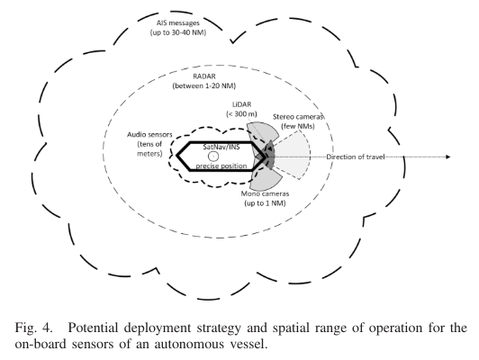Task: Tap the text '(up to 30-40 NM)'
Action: tap(177, 32)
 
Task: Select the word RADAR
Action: tap(204, 76)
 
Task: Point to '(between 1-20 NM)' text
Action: tap(204, 85)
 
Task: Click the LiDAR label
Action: tap(241, 104)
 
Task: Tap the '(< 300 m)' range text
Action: tap(241, 114)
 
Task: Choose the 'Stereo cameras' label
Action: tap(298, 117)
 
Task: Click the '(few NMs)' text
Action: tap(298, 126)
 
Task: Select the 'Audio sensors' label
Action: tap(149, 134)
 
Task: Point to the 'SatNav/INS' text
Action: tap(221, 148)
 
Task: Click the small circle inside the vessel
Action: tap(213, 157)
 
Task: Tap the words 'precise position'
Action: tap(221, 166)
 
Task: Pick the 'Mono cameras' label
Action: tap(265, 193)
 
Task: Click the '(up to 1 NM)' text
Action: tap(265, 203)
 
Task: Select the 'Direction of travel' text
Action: tap(356, 157)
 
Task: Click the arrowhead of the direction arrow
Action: tap(448, 157)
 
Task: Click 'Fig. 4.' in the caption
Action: tap(33, 328)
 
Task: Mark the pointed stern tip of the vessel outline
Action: tap(176, 156)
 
